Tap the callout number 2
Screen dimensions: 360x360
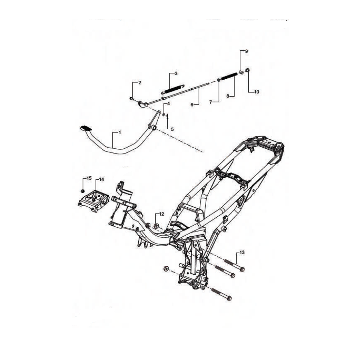pos(140,83)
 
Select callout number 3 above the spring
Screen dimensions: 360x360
pos(176,73)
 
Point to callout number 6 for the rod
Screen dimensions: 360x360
pos(192,105)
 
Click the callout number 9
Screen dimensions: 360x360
pos(247,51)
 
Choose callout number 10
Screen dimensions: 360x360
pos(256,91)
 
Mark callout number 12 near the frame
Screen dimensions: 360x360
pos(161,214)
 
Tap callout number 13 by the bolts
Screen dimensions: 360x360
pos(242,253)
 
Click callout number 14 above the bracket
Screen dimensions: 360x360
pos(101,179)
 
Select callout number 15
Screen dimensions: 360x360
pos(89,179)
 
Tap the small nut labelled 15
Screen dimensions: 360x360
pos(82,191)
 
